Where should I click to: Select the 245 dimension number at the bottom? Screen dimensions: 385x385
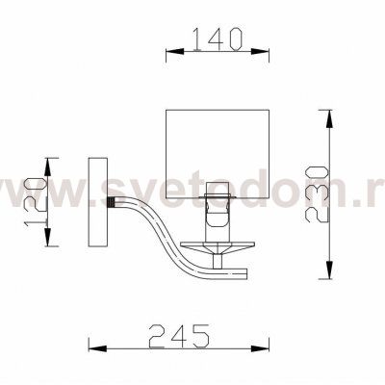pos(180,337)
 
